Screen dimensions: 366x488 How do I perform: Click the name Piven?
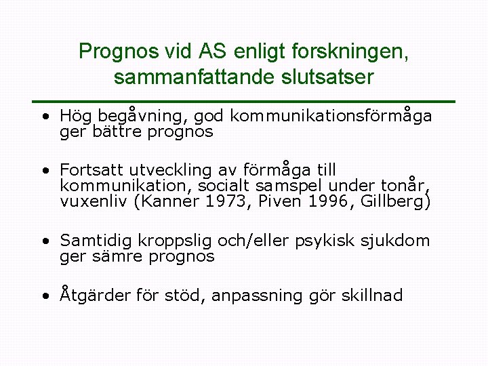[x=283, y=201]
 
